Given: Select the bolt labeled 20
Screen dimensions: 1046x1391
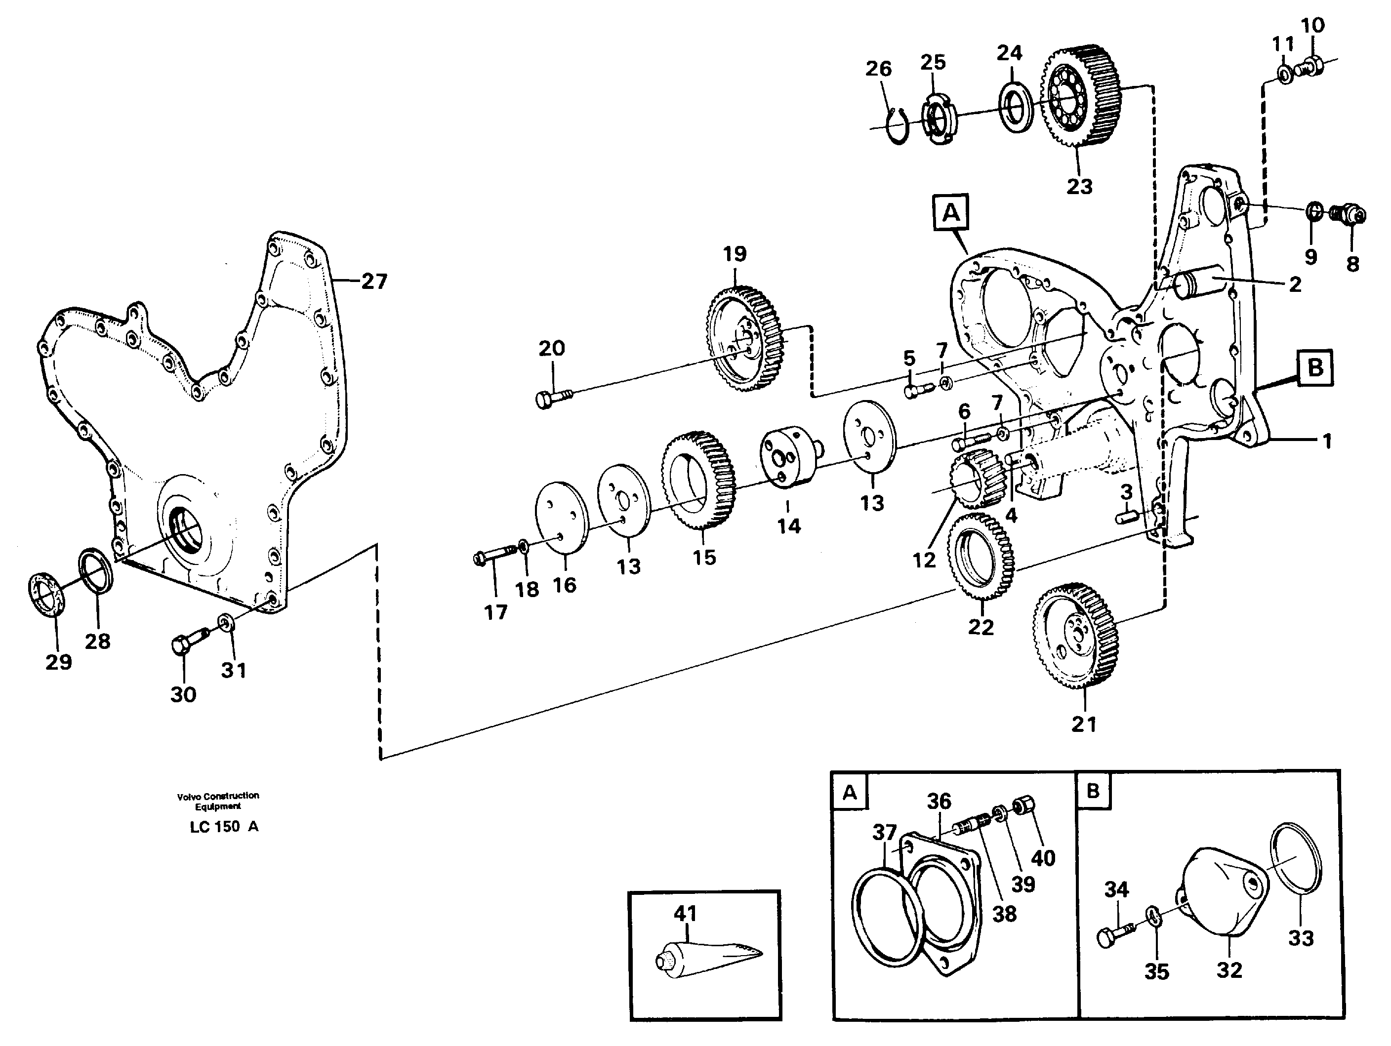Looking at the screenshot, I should pyautogui.click(x=553, y=397).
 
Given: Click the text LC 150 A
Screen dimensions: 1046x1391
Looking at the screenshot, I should pyautogui.click(x=224, y=827).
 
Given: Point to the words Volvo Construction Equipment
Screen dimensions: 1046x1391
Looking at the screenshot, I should pyautogui.click(x=217, y=801).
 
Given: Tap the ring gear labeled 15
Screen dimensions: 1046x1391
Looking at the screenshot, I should pyautogui.click(x=698, y=489).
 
